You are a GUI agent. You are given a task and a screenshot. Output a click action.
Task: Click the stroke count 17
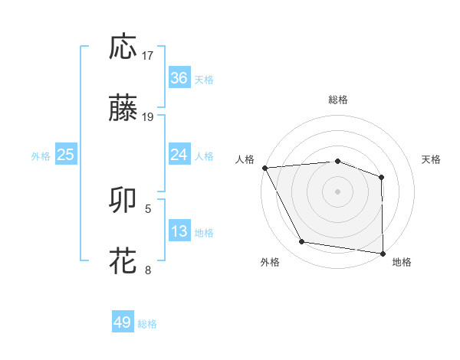point(148,55)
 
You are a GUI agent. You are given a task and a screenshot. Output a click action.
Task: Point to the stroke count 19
point(148,117)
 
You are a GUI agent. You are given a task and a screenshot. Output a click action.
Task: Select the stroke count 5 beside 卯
point(148,208)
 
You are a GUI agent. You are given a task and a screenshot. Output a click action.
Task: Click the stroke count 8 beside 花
point(148,269)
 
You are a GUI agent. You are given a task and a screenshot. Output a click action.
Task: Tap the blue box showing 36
point(179,78)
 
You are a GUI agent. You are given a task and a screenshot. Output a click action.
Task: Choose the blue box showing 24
point(179,155)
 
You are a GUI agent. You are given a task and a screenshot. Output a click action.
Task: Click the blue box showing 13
point(179,231)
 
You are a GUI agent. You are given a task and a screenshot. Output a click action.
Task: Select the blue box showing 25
point(65,155)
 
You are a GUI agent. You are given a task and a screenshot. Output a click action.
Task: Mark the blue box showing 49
point(123,322)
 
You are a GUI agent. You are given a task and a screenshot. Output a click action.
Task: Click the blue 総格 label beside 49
point(148,324)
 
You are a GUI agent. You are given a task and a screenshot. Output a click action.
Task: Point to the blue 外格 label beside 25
point(41,155)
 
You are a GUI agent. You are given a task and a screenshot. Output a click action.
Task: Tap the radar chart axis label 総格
point(338,100)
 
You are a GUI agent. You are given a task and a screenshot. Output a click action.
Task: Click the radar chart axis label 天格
point(432,159)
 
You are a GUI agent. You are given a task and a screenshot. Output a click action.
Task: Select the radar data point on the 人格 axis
point(264,167)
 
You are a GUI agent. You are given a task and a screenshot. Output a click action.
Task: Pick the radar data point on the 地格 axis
point(383,253)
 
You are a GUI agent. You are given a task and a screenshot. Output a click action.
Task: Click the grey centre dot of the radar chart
point(337,191)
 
